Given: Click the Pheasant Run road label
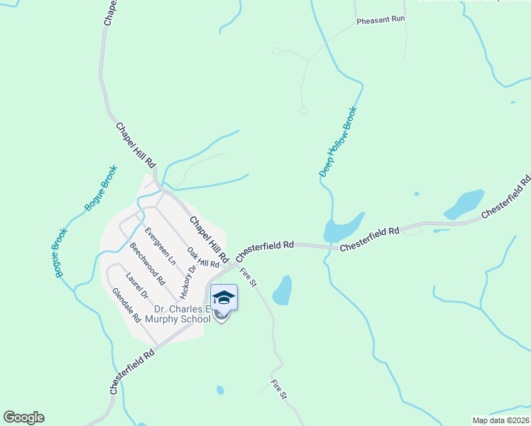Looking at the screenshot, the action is point(381,21).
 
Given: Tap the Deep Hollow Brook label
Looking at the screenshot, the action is point(338,142).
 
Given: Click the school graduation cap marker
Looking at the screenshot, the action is point(224,297).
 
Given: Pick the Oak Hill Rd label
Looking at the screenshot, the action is point(203,258).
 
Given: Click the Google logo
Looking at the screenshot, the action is point(23,417).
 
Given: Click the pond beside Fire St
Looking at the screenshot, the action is point(283,290).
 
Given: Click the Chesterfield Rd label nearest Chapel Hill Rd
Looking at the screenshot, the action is point(264,247).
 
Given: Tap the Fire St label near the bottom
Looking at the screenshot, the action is point(278,388).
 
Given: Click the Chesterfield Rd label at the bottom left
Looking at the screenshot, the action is point(133,371).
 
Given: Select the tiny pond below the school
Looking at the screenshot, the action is point(220,390).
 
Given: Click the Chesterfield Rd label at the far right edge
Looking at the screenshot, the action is point(506,199).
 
